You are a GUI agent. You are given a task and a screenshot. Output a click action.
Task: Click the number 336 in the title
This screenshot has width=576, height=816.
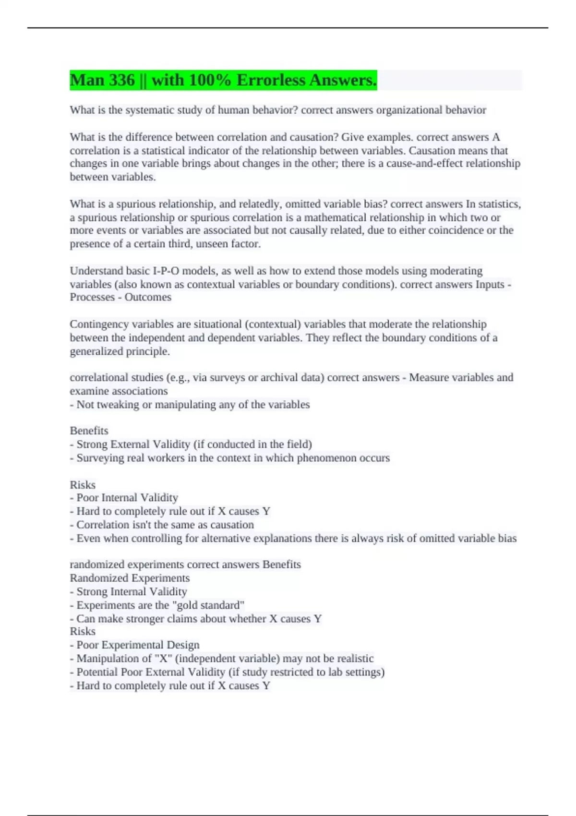pyautogui.click(x=122, y=80)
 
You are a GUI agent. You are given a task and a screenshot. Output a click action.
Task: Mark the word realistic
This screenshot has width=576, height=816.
pyautogui.click(x=355, y=659)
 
